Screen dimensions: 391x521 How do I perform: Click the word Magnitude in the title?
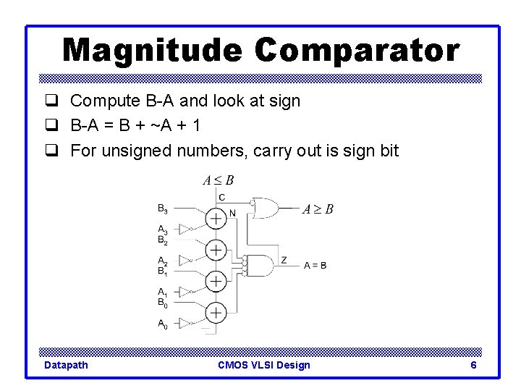click(152, 51)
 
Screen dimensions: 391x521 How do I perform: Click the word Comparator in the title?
click(357, 51)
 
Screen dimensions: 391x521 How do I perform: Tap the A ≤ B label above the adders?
click(218, 180)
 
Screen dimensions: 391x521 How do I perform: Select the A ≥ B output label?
click(318, 209)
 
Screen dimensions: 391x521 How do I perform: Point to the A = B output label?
click(315, 266)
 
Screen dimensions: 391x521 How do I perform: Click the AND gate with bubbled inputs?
click(261, 265)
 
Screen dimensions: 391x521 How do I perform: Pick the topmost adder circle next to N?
click(216, 218)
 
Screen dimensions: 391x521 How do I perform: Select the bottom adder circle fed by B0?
click(216, 312)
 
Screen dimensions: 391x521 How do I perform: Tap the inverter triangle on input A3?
click(185, 229)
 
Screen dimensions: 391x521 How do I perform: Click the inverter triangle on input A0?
click(185, 322)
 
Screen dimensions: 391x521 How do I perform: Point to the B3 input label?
click(163, 209)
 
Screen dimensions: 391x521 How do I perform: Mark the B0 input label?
click(163, 303)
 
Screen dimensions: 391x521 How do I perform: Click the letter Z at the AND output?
click(284, 259)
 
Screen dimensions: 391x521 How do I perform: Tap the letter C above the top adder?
click(221, 198)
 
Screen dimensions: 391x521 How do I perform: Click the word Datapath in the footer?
click(66, 365)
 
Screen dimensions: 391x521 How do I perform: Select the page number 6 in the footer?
click(473, 365)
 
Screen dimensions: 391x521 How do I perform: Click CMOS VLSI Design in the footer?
click(263, 365)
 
